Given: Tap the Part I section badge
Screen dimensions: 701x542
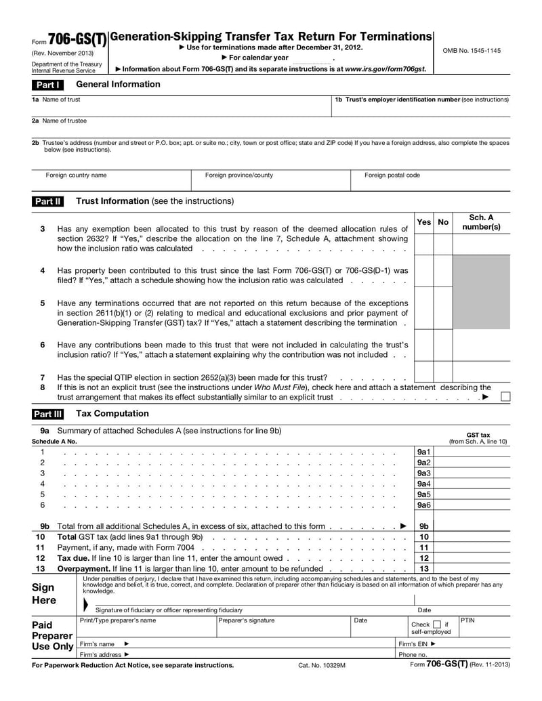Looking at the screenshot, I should click(48, 85).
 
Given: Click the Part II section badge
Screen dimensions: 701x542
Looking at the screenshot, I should click(49, 201).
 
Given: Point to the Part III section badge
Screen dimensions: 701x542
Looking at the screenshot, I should click(49, 414).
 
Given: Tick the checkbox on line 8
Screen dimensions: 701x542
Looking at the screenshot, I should click(505, 397).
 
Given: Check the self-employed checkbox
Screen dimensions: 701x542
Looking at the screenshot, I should click(437, 624).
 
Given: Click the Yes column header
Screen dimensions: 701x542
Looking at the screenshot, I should click(423, 222).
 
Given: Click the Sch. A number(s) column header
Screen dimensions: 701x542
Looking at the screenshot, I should click(481, 222).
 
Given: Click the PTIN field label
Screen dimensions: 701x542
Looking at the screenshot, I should click(468, 620).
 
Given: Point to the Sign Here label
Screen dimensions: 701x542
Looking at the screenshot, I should click(43, 594).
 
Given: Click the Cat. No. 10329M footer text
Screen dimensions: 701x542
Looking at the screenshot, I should click(322, 666).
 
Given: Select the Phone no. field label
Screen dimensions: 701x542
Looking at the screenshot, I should click(413, 655).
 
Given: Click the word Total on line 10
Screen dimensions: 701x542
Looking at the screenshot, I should click(67, 536).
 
